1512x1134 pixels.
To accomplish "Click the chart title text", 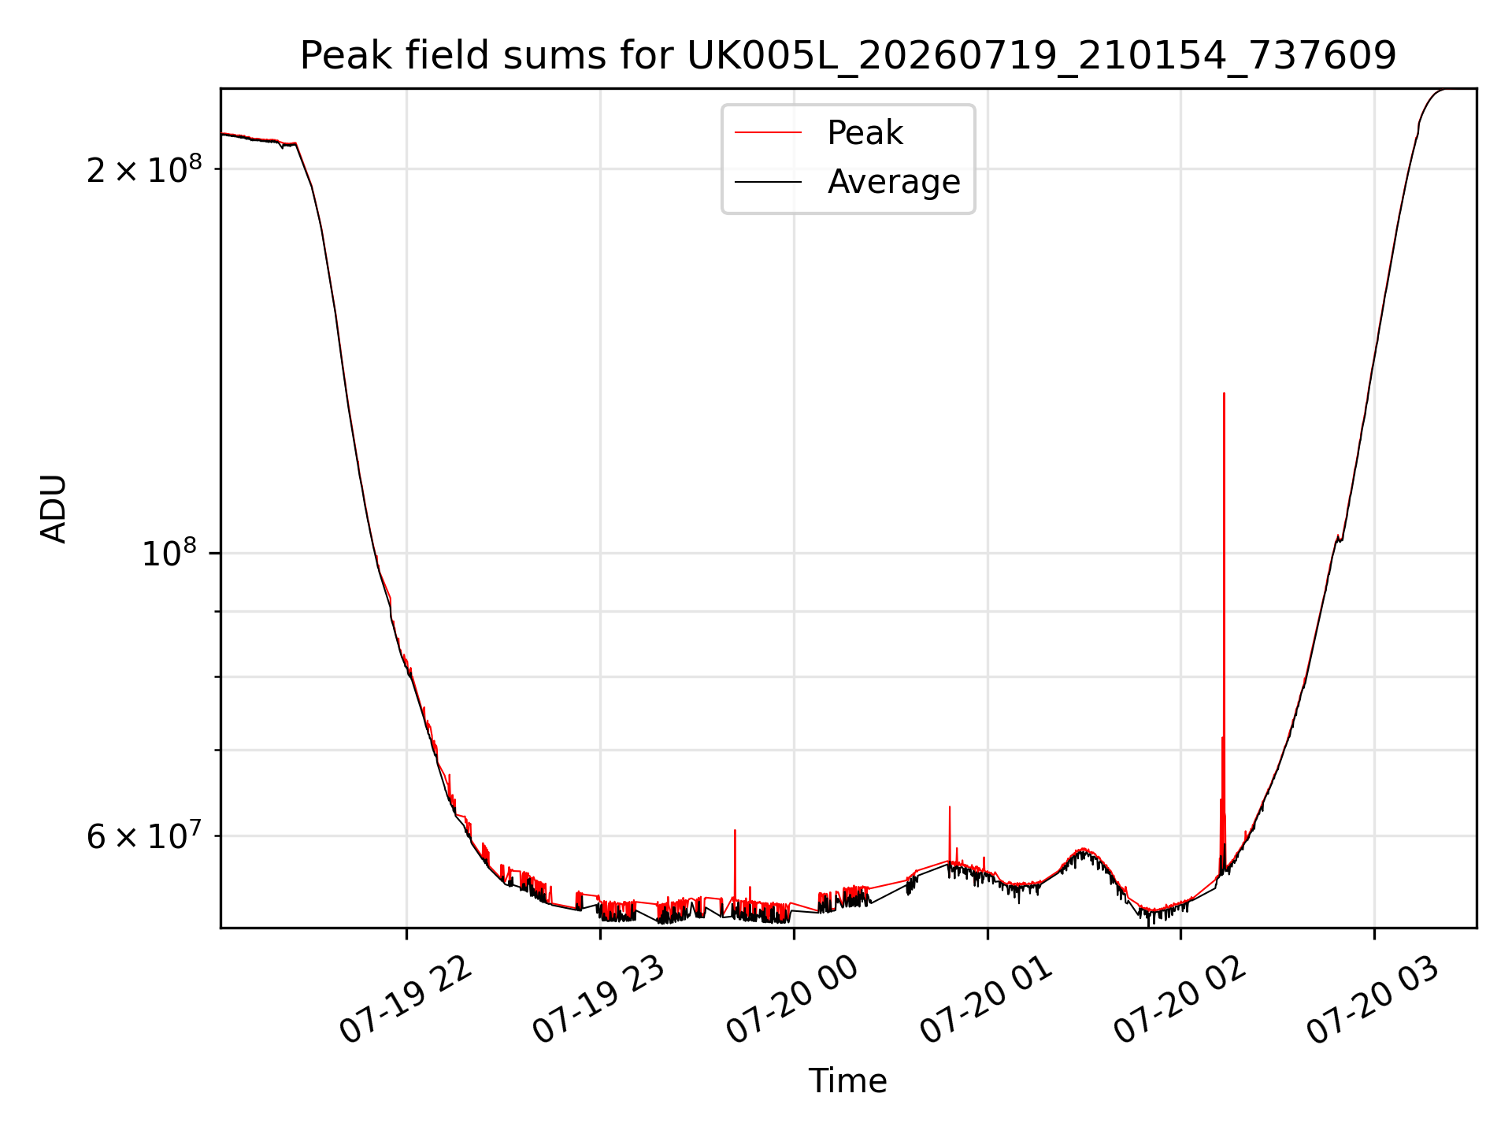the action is (x=848, y=56).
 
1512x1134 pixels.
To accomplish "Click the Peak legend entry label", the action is (x=865, y=133).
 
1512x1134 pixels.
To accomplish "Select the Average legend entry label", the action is (x=894, y=182).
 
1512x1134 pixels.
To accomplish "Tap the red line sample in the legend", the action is (x=768, y=133).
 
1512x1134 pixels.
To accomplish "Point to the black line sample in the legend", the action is (x=768, y=182).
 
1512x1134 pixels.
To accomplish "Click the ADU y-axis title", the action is (x=54, y=508).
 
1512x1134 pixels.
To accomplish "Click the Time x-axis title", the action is (x=848, y=1081).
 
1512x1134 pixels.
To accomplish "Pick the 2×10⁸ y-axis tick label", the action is (x=144, y=169).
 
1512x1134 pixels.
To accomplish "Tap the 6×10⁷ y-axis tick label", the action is (x=144, y=835).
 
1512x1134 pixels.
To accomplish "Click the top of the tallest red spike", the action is (x=1224, y=393).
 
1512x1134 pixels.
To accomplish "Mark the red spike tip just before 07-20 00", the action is (x=735, y=830).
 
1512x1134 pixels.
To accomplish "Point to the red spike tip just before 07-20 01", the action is (x=950, y=806).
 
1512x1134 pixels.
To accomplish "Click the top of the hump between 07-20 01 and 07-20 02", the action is (x=1084, y=850).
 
